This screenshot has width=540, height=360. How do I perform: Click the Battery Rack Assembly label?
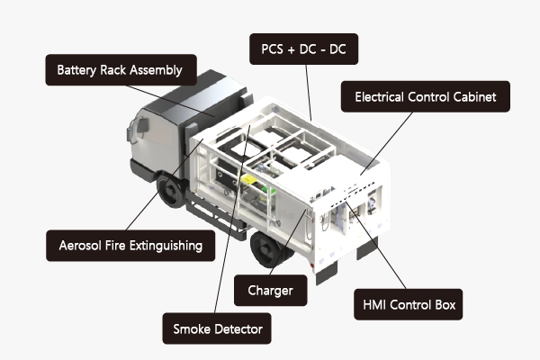tap(121, 70)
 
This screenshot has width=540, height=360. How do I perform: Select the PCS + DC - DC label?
tap(304, 49)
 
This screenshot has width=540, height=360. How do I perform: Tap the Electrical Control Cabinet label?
tap(426, 96)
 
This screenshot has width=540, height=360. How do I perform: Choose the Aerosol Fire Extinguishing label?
tap(130, 246)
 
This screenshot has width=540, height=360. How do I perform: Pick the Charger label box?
tap(270, 291)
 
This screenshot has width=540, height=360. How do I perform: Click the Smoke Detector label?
tap(217, 328)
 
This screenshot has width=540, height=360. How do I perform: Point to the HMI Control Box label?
tap(409, 304)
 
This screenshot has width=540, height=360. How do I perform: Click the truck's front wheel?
tap(172, 191)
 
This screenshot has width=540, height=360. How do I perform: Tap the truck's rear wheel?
tap(270, 248)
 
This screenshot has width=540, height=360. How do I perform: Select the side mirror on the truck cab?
tap(142, 125)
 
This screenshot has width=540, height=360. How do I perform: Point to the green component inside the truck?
tap(268, 189)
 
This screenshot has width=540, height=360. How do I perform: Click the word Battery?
tap(76, 70)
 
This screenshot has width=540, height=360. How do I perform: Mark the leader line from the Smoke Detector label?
tap(232, 219)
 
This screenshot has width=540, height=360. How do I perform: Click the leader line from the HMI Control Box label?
tap(376, 246)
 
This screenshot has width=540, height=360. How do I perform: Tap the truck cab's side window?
tap(157, 131)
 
